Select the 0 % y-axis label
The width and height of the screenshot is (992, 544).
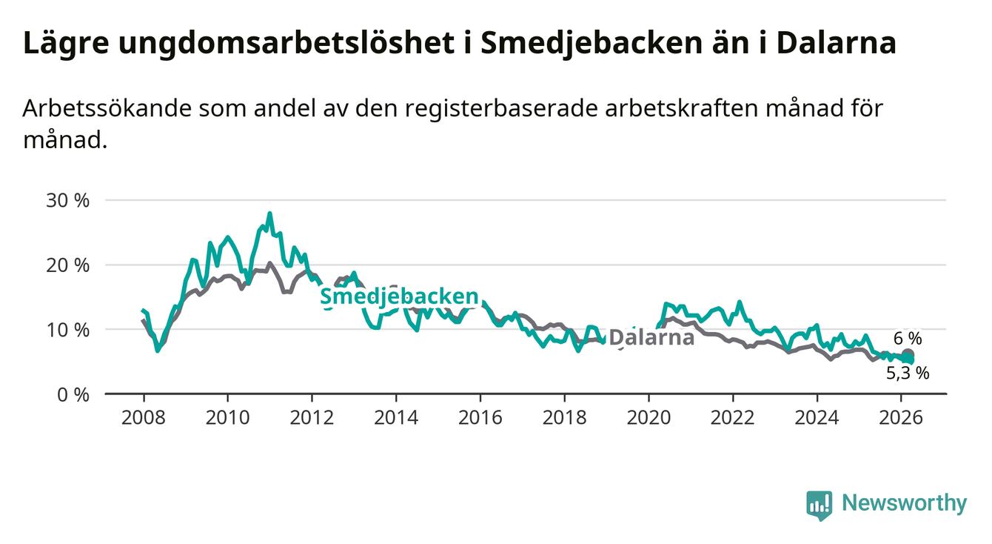[x=74, y=394]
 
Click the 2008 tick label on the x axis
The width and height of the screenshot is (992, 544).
[x=143, y=417]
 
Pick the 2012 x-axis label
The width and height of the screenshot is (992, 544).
[x=312, y=417]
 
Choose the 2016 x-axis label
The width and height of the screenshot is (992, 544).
[x=480, y=417]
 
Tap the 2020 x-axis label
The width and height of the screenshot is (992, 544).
[x=649, y=417]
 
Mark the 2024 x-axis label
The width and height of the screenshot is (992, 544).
[x=817, y=417]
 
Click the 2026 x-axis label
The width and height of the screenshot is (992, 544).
[x=901, y=417]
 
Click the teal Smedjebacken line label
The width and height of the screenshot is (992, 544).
[x=399, y=296]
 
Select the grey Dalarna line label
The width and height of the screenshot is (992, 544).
[x=651, y=338]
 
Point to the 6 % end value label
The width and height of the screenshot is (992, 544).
[x=908, y=339]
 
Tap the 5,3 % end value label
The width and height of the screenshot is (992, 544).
[x=908, y=374]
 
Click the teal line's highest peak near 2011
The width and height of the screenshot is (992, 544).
[x=269, y=214]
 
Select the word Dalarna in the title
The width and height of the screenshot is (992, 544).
[x=836, y=43]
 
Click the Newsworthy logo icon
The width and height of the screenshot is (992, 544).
[x=819, y=505]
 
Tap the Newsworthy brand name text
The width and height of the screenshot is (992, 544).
[x=904, y=504]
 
